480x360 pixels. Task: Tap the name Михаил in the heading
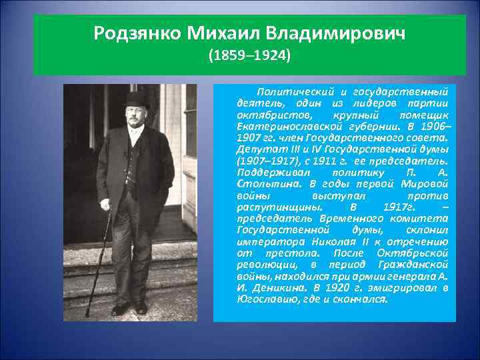221,33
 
